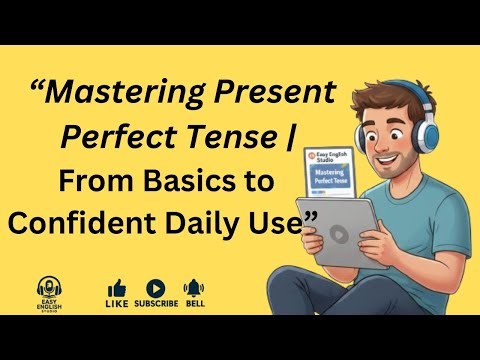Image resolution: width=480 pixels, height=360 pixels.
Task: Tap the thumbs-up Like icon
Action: point(117,288)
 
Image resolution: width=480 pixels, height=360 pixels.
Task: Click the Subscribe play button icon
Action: point(156,288)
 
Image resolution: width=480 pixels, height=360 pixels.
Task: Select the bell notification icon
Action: point(195,288)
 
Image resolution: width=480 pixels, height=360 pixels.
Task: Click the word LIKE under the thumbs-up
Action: point(117,304)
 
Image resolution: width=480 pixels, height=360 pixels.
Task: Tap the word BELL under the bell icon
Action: point(195,304)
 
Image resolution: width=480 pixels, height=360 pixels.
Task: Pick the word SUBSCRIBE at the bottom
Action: point(156,304)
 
